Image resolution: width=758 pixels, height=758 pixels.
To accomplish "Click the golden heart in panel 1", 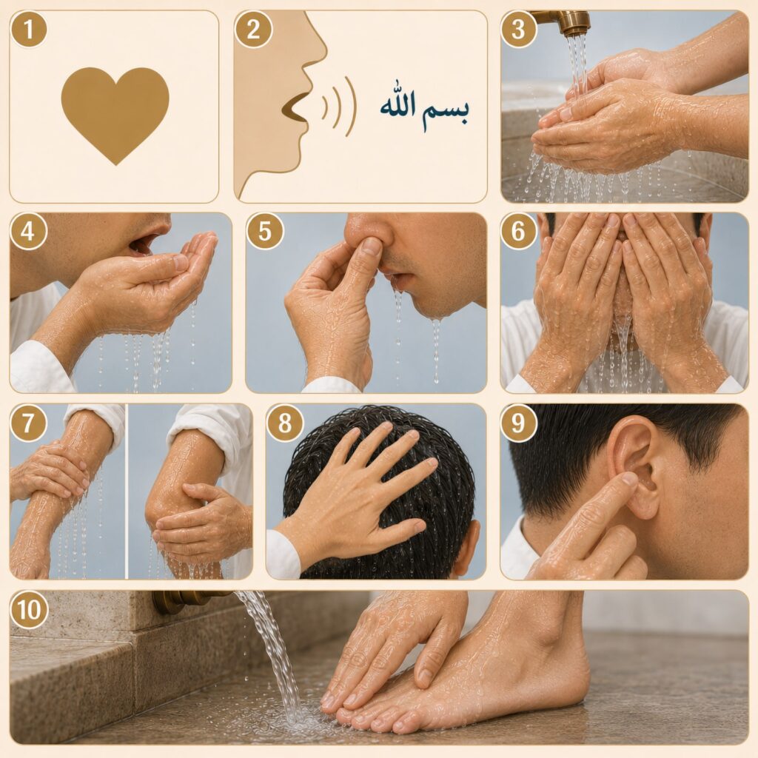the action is click(115, 113).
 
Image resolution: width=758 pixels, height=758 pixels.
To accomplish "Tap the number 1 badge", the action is click(29, 29).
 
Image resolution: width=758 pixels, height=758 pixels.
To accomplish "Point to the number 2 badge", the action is click(253, 29).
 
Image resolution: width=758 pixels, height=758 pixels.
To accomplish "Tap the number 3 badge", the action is click(518, 29).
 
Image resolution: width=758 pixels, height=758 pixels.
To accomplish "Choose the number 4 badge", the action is click(28, 231).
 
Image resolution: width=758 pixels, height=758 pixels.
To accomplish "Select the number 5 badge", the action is click(264, 231).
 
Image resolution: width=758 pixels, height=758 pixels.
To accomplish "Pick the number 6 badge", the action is click(518, 231).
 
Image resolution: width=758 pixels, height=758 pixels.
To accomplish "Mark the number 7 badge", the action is click(28, 423).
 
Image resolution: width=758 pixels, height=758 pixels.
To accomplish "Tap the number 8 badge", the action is click(285, 423).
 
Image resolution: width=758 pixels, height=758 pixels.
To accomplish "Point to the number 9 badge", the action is click(518, 423).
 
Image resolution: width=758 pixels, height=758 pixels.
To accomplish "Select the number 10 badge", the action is click(29, 609).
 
